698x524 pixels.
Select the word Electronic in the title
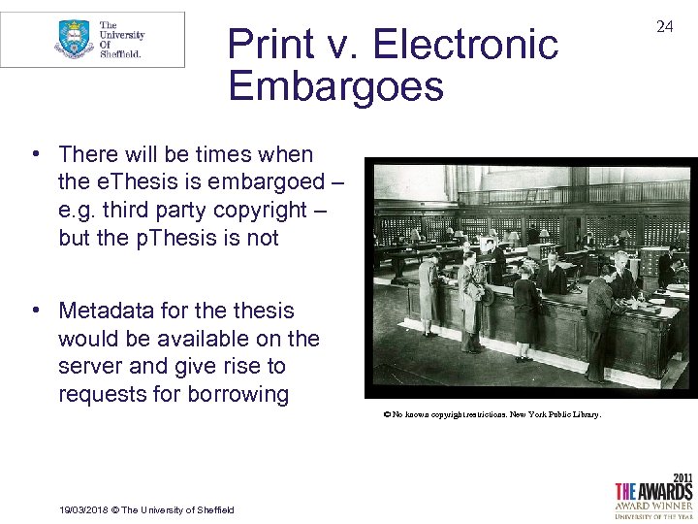pyautogui.click(x=465, y=45)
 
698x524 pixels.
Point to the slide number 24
pyautogui.click(x=664, y=27)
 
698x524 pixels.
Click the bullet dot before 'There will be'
pyautogui.click(x=34, y=154)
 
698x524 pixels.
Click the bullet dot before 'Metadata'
pyautogui.click(x=34, y=311)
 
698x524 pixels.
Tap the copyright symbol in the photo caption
pyautogui.click(x=386, y=414)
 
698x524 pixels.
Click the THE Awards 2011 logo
pyautogui.click(x=653, y=495)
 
